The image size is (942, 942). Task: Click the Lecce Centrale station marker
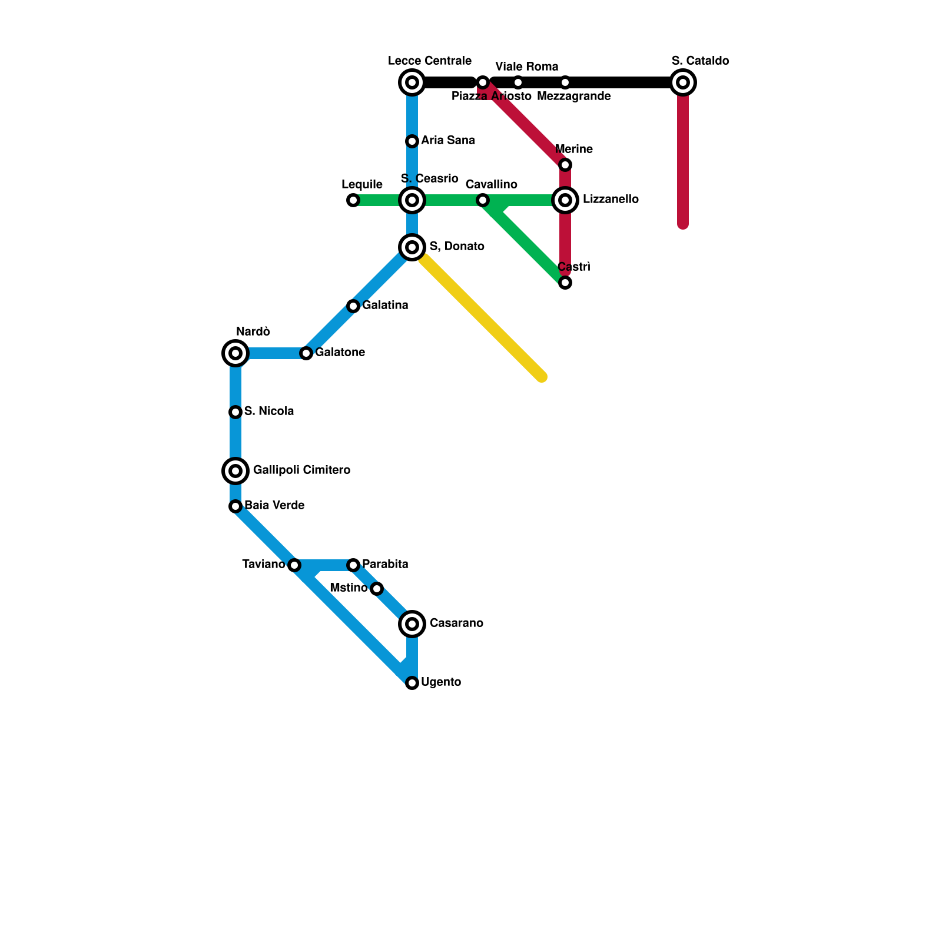pos(412,82)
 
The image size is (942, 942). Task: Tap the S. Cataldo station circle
pos(683,82)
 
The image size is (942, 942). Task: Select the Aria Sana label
pos(447,141)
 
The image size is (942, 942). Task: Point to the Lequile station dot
pos(353,200)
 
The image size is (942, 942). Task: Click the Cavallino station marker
pos(483,200)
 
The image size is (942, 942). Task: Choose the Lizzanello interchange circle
pos(565,200)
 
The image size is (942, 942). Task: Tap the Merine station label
pos(573,150)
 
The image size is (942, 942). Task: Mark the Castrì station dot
pos(565,283)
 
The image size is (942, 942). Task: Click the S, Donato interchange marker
pos(412,247)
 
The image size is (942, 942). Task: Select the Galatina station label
pos(385,306)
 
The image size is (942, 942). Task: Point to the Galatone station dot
pos(306,353)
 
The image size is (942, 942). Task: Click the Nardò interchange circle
pos(235,353)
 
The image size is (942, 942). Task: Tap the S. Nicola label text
pos(269,412)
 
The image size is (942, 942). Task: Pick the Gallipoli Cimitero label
pos(301,470)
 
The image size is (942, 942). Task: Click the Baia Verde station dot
pos(235,506)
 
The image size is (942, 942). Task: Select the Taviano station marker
pos(294,565)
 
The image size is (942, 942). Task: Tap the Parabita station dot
pos(353,565)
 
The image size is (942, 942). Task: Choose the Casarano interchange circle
pos(412,624)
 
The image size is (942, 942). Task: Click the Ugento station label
pos(441,682)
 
